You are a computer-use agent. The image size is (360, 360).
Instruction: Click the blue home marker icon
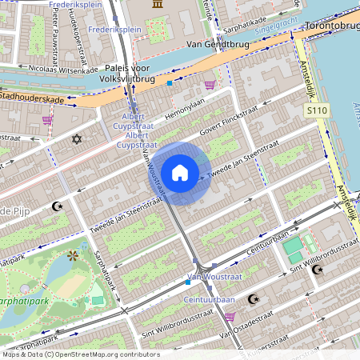pyautogui.click(x=180, y=173)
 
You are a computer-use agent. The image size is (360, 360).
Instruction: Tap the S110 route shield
pyautogui.click(x=318, y=111)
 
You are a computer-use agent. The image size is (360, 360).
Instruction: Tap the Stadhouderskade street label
pyautogui.click(x=32, y=98)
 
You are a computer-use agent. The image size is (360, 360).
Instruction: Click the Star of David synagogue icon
pyautogui.click(x=78, y=140)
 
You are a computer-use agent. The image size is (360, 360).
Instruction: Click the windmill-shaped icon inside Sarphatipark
pyautogui.click(x=74, y=256)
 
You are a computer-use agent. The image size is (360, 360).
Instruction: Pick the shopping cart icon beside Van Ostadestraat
pyautogui.click(x=230, y=317)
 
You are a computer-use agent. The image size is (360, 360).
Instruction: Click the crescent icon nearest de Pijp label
pyautogui.click(x=57, y=206)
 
